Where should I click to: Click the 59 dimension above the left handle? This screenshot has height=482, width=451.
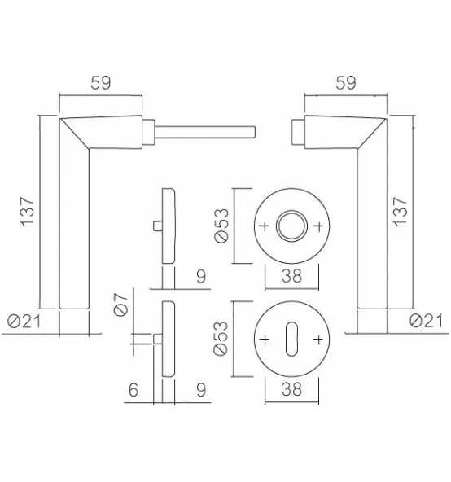click(100, 83)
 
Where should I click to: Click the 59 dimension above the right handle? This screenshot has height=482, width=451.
click(346, 83)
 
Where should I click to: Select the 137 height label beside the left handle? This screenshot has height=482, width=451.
click(27, 213)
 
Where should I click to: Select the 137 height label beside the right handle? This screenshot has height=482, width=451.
click(401, 213)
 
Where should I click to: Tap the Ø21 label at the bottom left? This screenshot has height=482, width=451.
click(24, 322)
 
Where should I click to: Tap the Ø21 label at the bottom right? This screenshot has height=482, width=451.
click(426, 321)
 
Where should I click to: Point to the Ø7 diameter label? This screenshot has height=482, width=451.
click(120, 305)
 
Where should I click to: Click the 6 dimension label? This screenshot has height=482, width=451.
click(134, 389)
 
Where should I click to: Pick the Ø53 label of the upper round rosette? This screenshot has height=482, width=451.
click(221, 226)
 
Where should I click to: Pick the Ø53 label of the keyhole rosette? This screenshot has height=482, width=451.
click(221, 339)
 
